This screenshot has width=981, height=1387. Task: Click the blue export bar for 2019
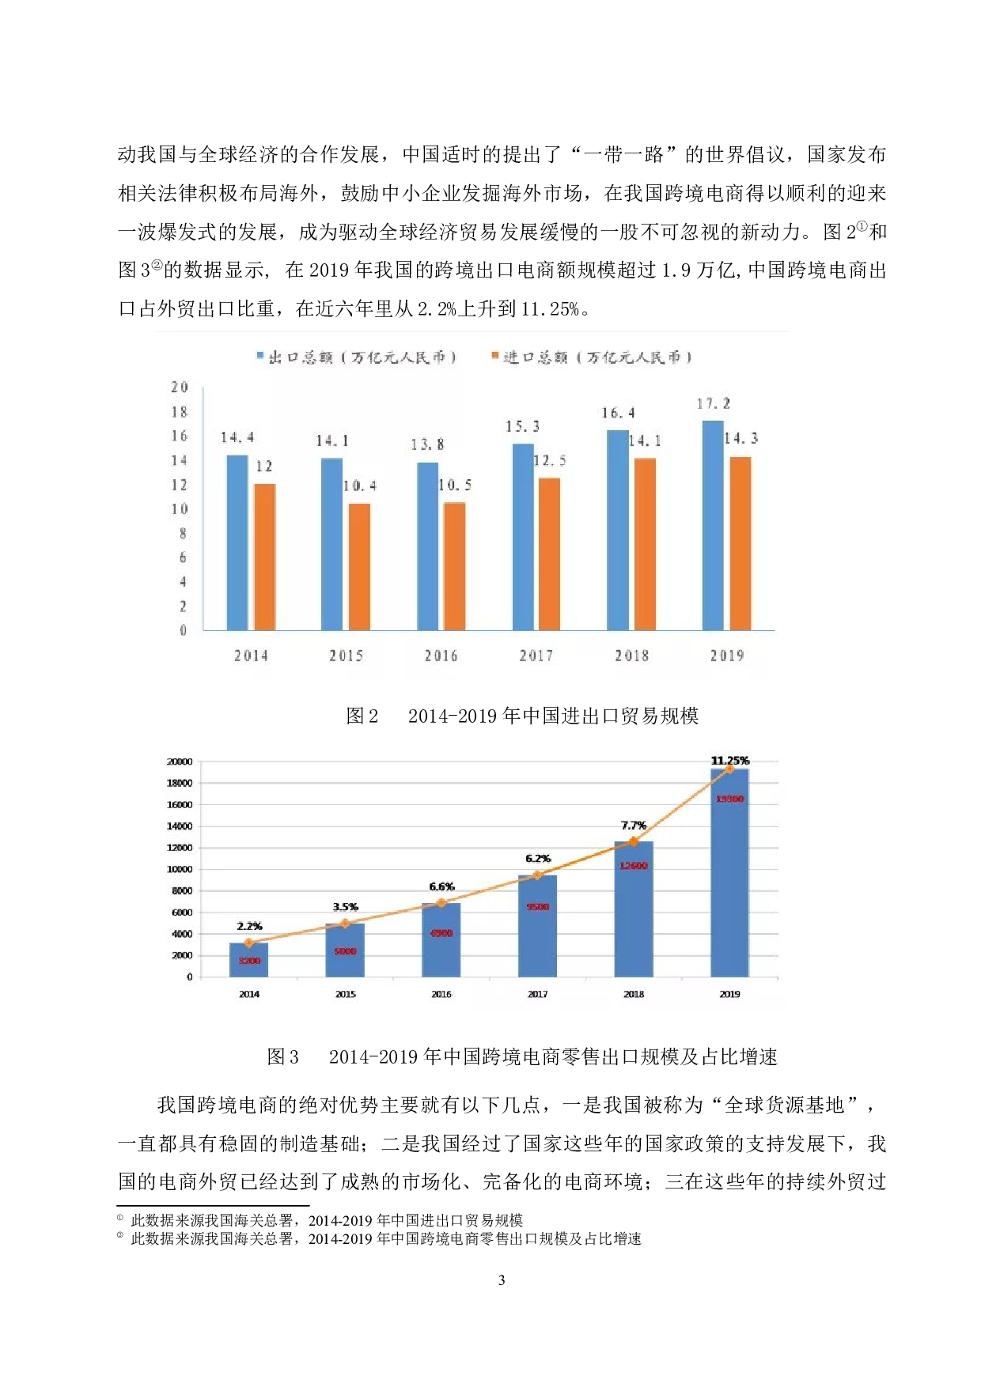click(x=713, y=526)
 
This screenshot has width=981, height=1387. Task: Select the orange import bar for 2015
click(x=359, y=566)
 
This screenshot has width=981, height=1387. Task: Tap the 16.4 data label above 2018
click(x=618, y=413)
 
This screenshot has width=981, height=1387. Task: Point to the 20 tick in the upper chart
click(x=180, y=387)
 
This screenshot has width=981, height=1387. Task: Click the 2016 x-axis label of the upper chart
click(x=441, y=656)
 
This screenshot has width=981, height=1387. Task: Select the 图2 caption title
click(x=522, y=716)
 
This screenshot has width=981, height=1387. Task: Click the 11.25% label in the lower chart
click(x=729, y=761)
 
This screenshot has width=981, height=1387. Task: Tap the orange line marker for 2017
click(x=537, y=875)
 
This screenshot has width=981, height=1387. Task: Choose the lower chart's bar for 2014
click(x=248, y=959)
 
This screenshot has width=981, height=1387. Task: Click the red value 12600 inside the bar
click(x=634, y=866)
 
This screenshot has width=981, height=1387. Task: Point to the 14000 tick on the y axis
click(x=180, y=826)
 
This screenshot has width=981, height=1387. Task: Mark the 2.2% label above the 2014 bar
click(x=249, y=926)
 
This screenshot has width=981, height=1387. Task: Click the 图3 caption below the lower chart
click(x=522, y=1057)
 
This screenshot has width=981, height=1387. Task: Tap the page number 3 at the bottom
click(x=501, y=1280)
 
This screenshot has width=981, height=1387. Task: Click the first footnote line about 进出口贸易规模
click(x=326, y=1221)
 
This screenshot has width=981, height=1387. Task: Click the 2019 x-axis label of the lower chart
click(x=729, y=994)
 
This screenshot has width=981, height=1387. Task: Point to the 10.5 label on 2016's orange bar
click(x=455, y=486)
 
